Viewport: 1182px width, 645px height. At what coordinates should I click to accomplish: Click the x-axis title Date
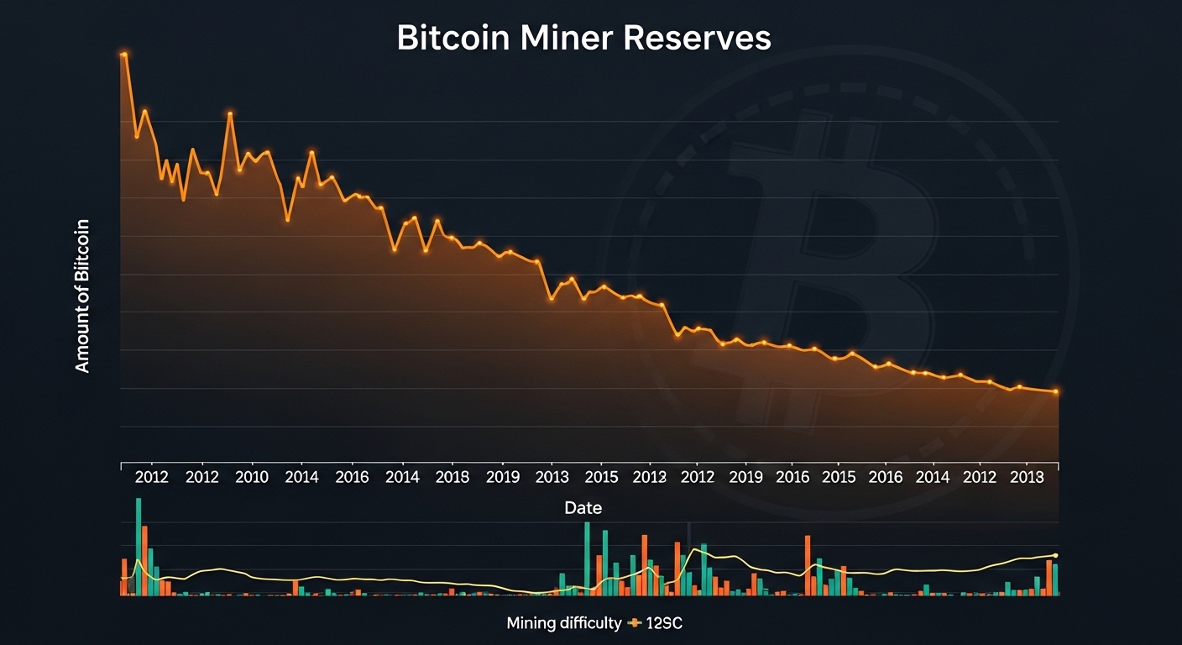[x=583, y=508]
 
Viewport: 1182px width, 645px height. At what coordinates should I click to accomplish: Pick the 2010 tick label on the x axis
[x=252, y=478]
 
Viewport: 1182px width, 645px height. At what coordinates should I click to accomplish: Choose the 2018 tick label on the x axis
[x=452, y=478]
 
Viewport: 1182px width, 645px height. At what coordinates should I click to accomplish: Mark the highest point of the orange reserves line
[x=124, y=55]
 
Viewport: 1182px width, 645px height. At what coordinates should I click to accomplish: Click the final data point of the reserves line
[x=1056, y=392]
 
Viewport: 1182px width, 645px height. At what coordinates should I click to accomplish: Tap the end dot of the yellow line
[x=1055, y=555]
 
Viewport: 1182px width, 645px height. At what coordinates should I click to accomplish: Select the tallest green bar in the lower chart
[x=139, y=546]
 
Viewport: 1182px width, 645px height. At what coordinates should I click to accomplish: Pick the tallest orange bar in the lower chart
[x=144, y=560]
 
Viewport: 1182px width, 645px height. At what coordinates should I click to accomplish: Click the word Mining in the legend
[x=531, y=623]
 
